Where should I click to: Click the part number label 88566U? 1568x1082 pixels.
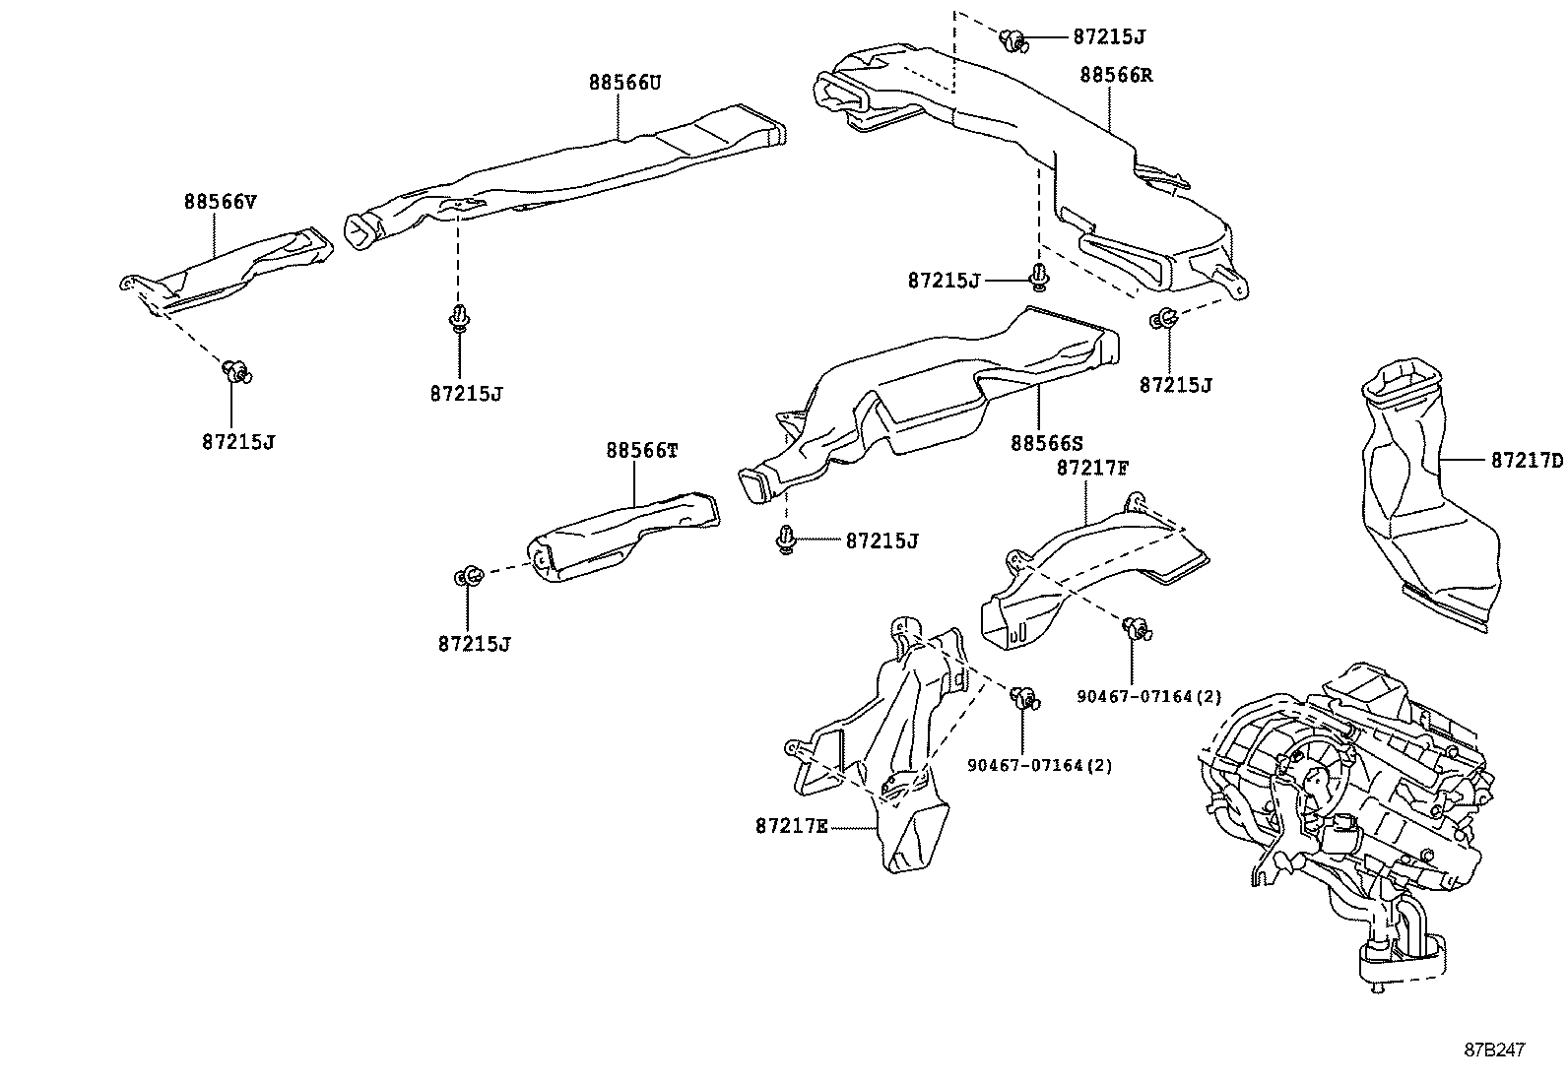pos(624,84)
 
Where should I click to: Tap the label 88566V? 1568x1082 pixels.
pos(220,203)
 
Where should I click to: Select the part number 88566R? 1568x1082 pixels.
pos(1116,75)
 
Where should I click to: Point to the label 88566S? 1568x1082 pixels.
pos(1046,444)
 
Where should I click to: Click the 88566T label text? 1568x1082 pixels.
pos(642,451)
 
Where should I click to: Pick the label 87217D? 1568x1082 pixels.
pos(1526,460)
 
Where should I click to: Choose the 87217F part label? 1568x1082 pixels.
pos(1092,468)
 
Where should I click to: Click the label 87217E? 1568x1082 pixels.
pos(792,826)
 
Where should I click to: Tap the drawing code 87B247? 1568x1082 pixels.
pos(1494,1050)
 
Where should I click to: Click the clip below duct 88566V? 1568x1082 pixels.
pos(236,371)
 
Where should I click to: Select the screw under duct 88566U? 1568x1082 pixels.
pos(458,318)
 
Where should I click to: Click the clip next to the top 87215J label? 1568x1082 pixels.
pos(1013,40)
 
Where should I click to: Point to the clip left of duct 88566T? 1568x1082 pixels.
pos(468,576)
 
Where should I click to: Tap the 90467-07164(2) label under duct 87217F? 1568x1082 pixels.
pos(1148,697)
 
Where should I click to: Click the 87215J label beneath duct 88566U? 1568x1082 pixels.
pos(466,394)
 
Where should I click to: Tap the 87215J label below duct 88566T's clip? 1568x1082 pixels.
pos(475,644)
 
